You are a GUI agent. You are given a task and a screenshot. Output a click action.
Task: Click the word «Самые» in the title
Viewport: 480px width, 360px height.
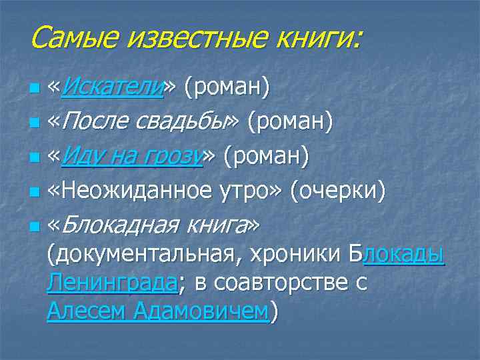(68, 37)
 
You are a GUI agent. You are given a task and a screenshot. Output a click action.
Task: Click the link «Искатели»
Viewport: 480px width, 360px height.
(114, 87)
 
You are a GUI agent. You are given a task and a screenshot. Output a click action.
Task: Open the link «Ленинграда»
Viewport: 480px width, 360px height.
(112, 283)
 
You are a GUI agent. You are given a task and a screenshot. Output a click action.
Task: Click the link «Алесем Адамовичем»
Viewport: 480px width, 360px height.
(157, 311)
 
